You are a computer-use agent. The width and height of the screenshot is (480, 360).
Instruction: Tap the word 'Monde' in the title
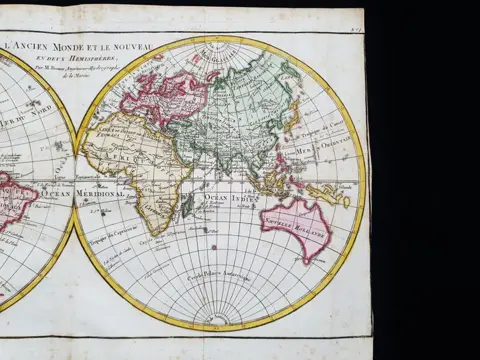[x=77, y=45]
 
